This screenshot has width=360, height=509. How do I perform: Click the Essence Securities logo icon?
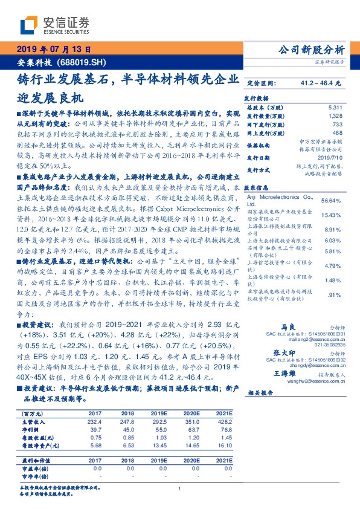click(x=31, y=25)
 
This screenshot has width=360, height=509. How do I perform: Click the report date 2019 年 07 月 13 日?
click(x=53, y=50)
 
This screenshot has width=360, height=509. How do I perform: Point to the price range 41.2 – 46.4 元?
click(x=320, y=82)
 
